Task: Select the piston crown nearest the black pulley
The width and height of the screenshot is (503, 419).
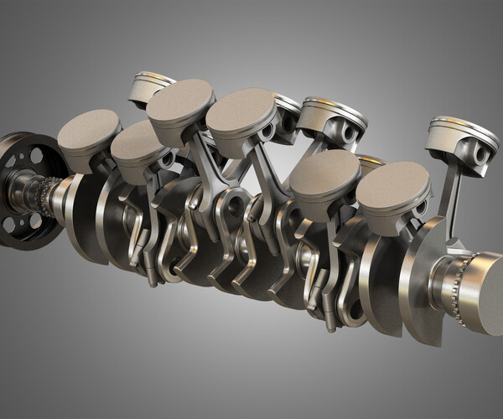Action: tap(88, 130)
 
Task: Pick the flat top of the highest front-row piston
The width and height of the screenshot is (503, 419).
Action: tap(180, 99)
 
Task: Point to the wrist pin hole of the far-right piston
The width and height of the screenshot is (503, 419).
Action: tap(480, 154)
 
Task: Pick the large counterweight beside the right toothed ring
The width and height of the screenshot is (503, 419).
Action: tap(415, 277)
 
